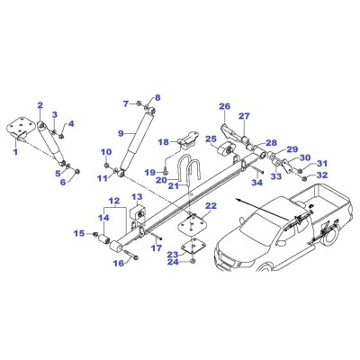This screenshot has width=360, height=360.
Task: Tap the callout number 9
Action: pyautogui.click(x=121, y=133)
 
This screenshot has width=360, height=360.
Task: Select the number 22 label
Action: pyautogui.click(x=211, y=206)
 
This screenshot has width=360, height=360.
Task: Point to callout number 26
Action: pyautogui.click(x=224, y=106)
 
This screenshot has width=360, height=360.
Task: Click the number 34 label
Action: pyautogui.click(x=257, y=182)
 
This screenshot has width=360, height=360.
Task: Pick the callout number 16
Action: pyautogui.click(x=119, y=264)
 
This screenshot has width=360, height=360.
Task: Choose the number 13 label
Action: pyautogui.click(x=137, y=197)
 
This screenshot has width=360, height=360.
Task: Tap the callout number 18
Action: pyautogui.click(x=164, y=142)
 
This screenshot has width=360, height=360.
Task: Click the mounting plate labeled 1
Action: pyautogui.click(x=20, y=128)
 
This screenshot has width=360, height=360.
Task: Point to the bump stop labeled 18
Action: pyautogui.click(x=188, y=139)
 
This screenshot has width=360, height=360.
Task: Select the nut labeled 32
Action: pyautogui.click(x=303, y=179)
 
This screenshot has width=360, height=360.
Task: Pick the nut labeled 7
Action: pyautogui.click(x=139, y=103)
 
